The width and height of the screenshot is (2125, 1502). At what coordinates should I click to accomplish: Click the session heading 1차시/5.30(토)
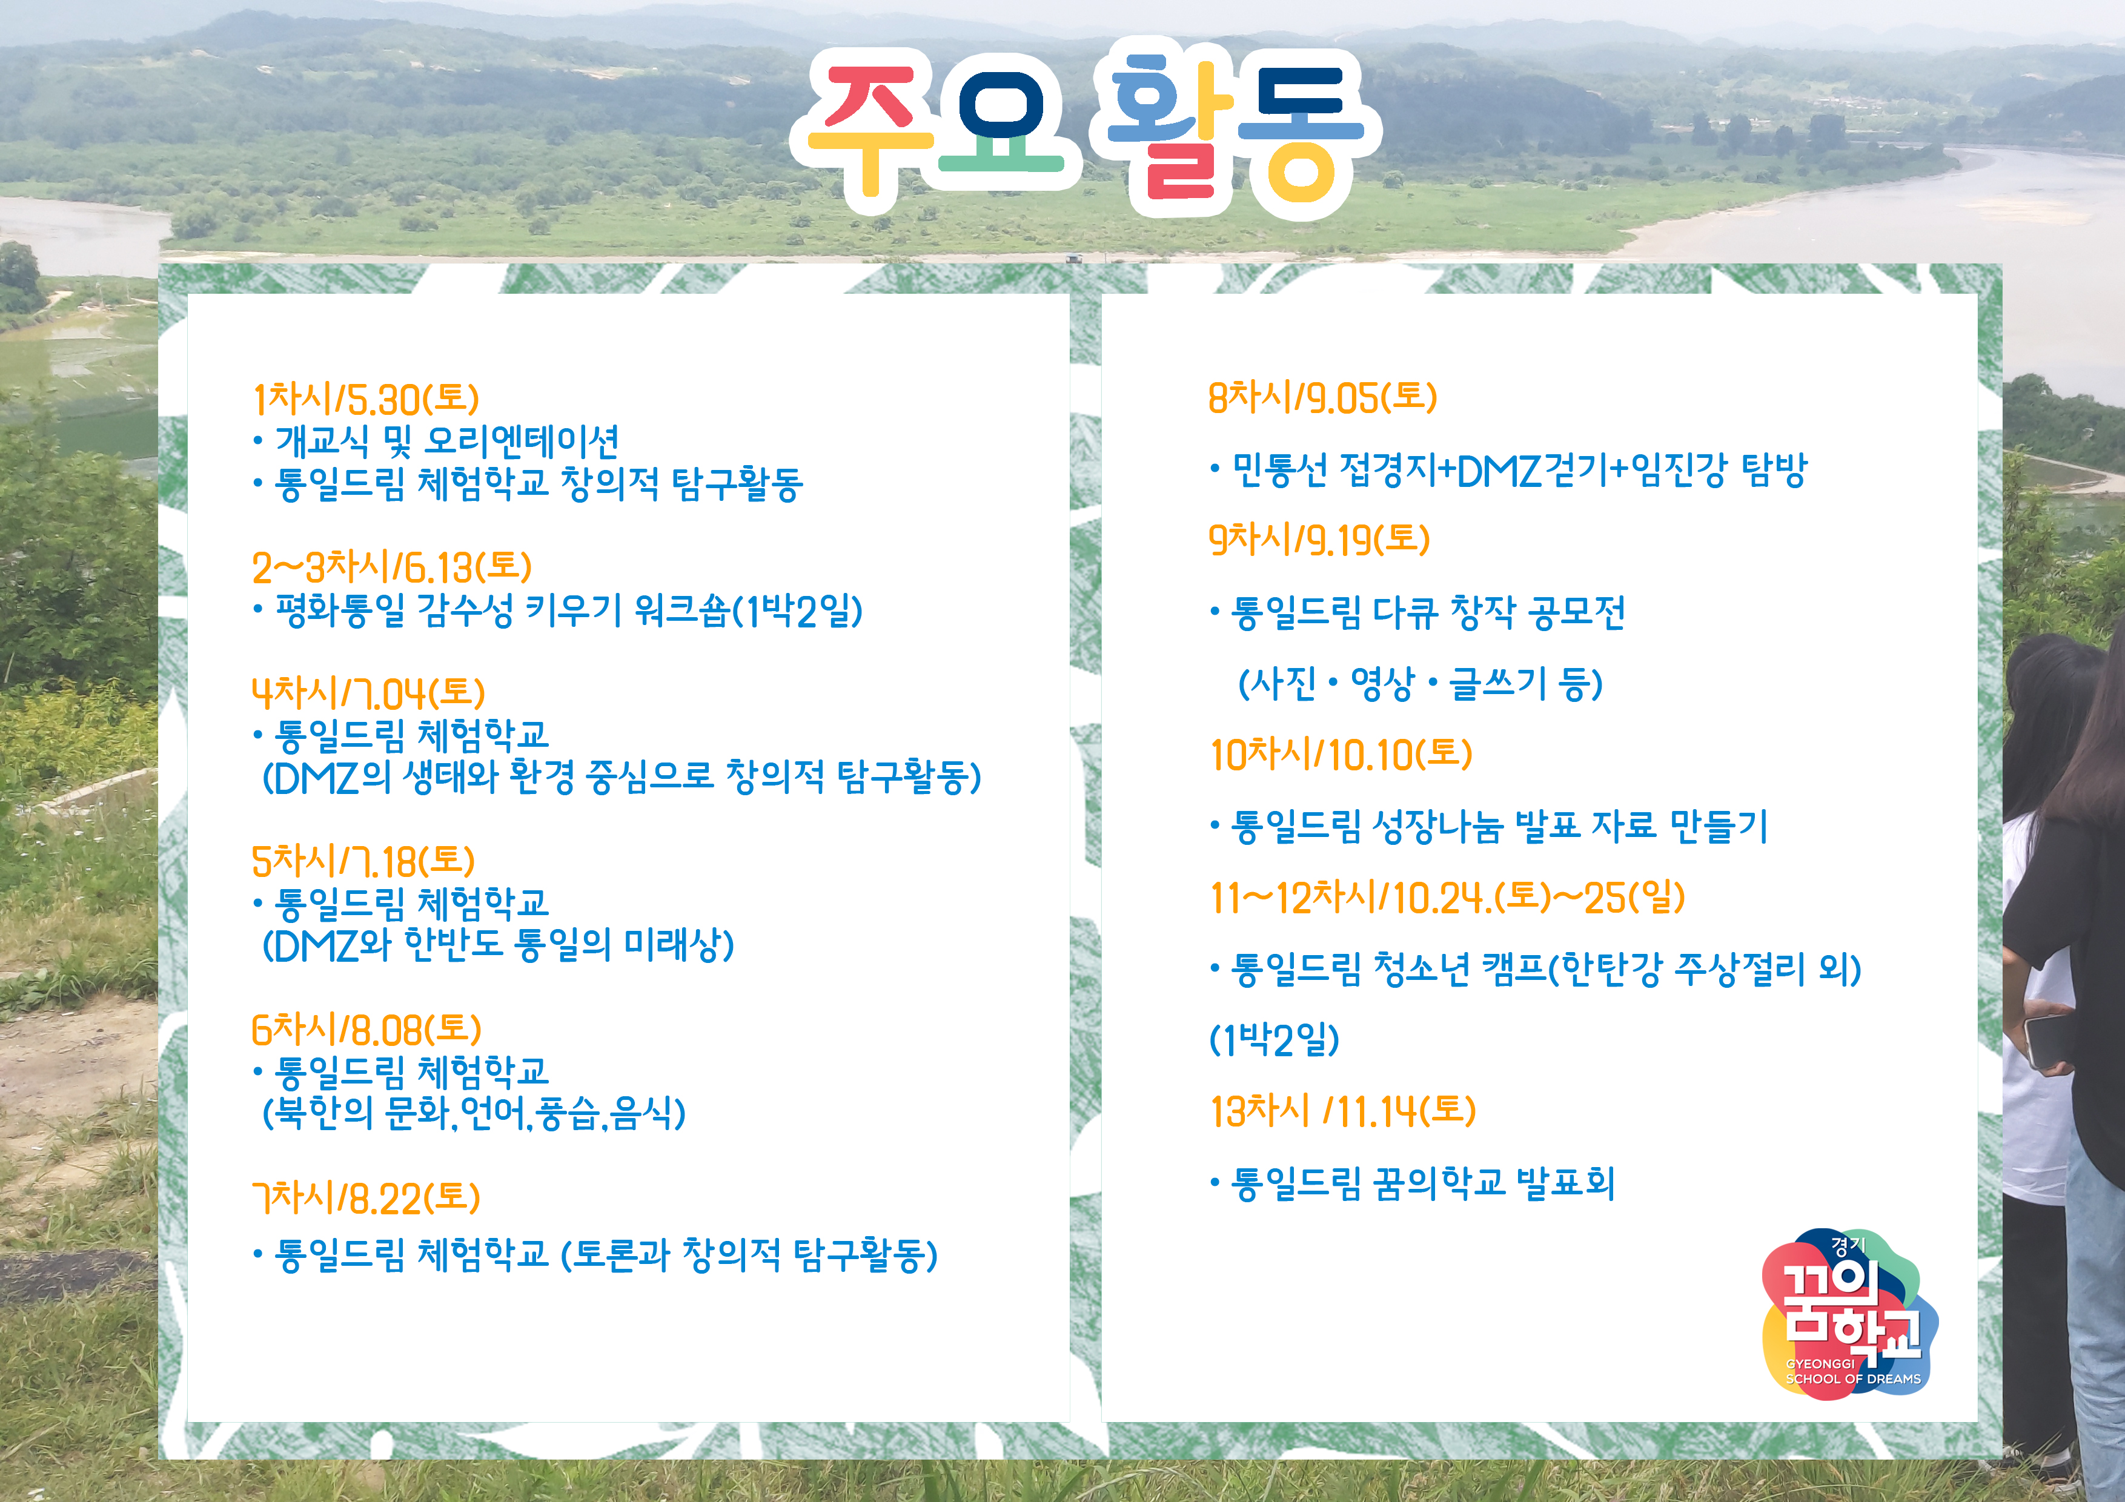(x=366, y=399)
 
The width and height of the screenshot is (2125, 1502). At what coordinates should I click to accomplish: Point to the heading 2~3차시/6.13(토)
(x=391, y=566)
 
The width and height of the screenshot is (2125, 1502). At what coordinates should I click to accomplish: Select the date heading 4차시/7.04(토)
(x=368, y=692)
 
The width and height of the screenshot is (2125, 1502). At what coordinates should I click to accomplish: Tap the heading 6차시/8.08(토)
(x=366, y=1029)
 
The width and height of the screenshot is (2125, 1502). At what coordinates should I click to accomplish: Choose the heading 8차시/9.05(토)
(x=1322, y=397)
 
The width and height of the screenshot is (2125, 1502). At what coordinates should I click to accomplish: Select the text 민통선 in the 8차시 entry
(x=1280, y=469)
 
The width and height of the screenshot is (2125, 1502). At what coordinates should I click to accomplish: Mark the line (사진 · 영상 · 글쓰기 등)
(x=1420, y=683)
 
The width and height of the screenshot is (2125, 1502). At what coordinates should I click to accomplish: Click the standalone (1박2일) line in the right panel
(x=1275, y=1040)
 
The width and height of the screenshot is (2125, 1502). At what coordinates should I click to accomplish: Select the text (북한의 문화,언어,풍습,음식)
(x=474, y=1113)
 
